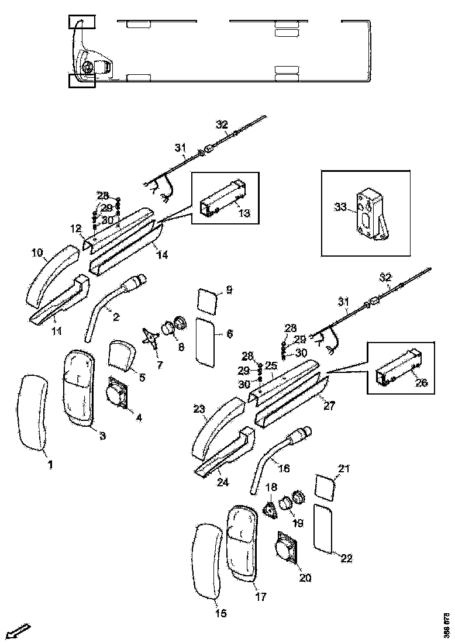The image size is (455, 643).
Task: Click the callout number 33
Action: coord(340,207)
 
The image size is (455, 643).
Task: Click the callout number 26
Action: coord(422,383)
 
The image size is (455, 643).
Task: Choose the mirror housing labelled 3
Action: coord(78,388)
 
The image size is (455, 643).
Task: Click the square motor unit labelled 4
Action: coord(118,393)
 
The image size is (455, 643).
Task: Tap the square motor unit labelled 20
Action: coord(287,549)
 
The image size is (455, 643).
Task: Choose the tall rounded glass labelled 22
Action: coord(324,528)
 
